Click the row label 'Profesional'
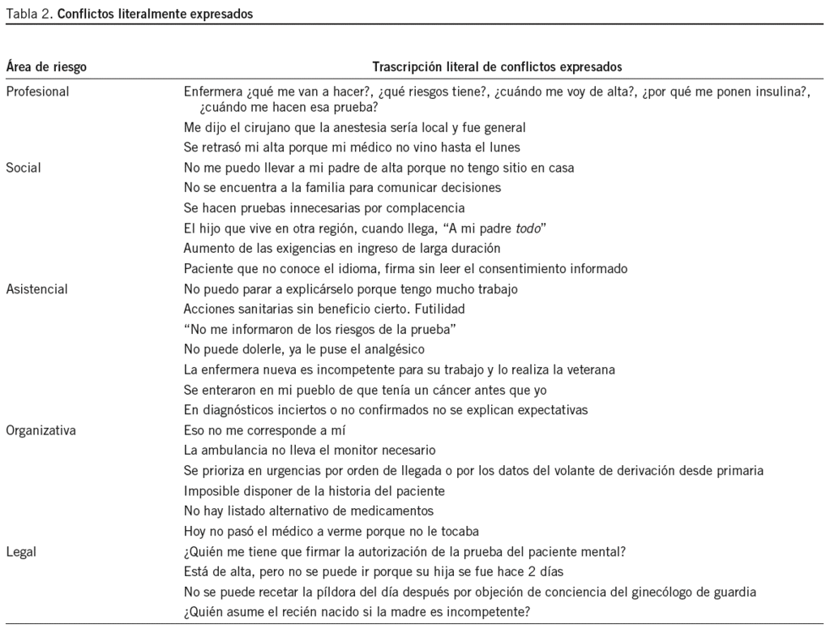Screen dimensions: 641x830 point(37,92)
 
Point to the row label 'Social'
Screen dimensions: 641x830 point(24,168)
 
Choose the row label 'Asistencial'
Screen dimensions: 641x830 point(36,288)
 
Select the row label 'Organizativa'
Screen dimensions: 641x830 point(41,430)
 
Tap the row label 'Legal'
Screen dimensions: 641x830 point(21,552)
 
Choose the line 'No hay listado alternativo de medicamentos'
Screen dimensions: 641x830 point(309,511)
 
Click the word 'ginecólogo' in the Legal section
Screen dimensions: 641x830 point(662,592)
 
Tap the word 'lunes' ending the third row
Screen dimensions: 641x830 point(503,147)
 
